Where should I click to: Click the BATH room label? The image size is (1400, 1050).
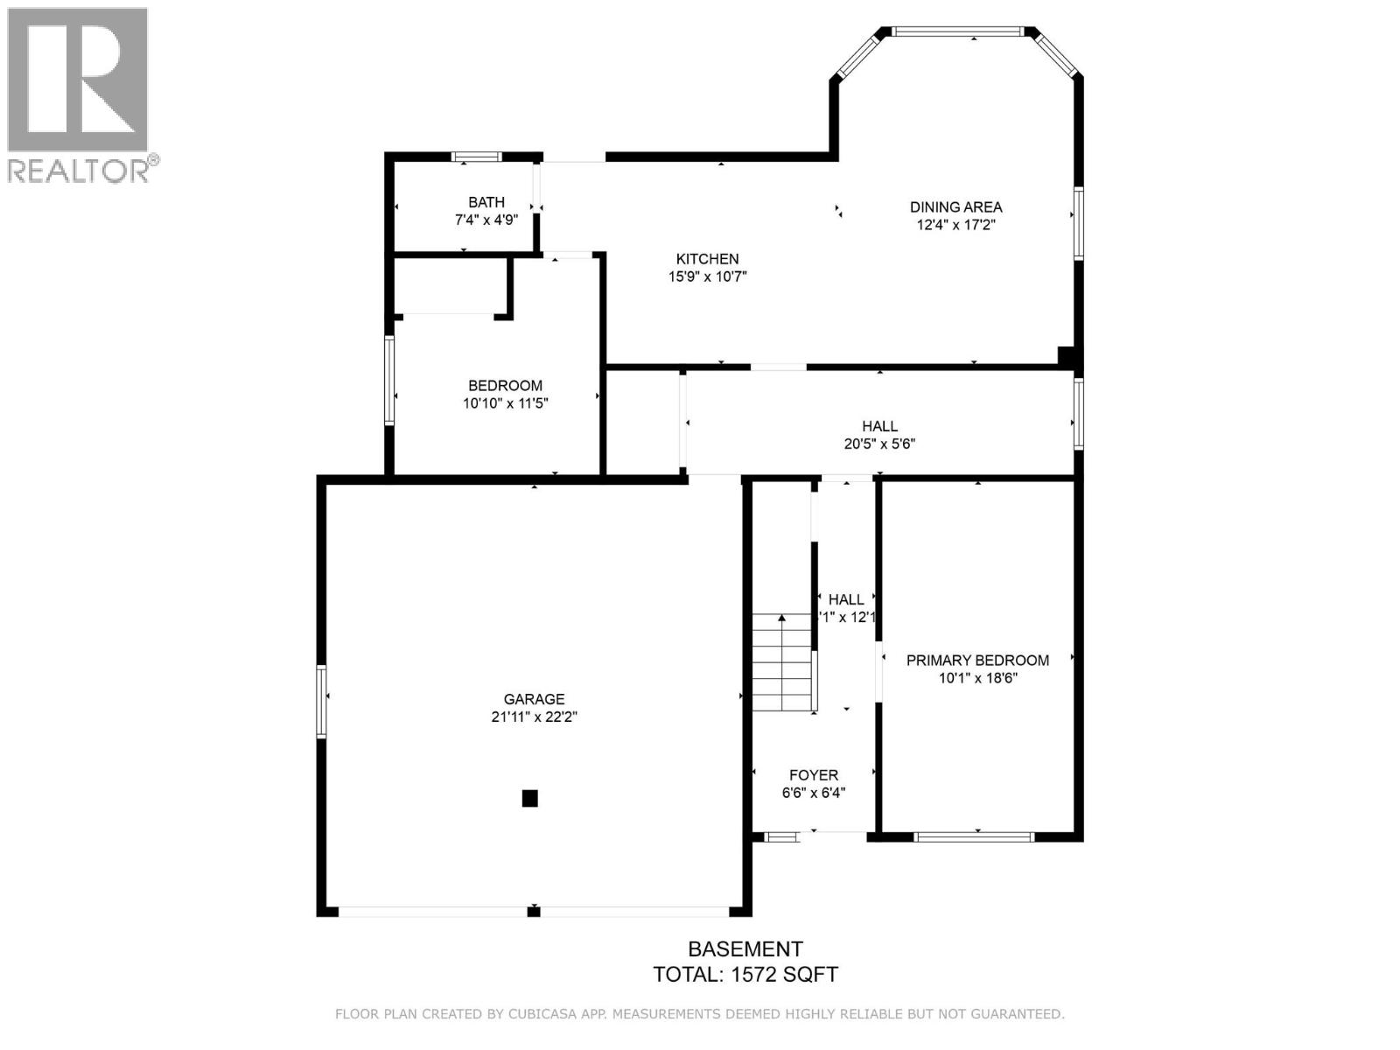click(486, 202)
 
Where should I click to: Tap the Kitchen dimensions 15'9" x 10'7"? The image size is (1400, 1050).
click(707, 276)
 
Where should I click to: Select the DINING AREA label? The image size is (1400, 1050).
click(955, 207)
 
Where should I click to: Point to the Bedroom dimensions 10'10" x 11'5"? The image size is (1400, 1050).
click(505, 403)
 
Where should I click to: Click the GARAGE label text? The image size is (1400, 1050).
click(534, 699)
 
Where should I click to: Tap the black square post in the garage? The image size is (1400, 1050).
click(529, 798)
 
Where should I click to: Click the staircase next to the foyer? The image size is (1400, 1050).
click(782, 663)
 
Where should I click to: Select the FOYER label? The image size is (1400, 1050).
click(813, 775)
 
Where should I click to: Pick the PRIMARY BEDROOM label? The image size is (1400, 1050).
click(977, 661)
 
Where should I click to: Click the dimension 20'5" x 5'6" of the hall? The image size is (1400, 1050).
click(879, 444)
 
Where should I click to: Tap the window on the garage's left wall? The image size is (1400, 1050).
click(321, 701)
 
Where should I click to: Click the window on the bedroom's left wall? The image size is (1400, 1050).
click(389, 381)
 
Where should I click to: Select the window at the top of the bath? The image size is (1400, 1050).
click(476, 157)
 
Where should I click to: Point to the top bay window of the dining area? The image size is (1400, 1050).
click(958, 32)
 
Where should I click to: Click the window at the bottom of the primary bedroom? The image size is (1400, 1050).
click(974, 837)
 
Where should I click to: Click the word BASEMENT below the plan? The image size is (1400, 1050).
click(745, 949)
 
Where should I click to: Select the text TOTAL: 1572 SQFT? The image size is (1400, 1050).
click(745, 975)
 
